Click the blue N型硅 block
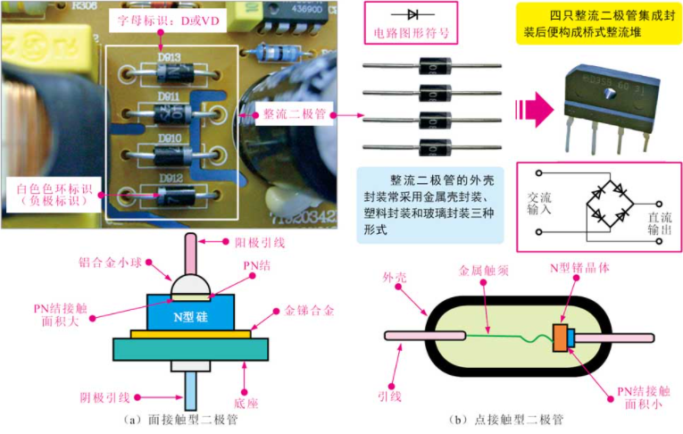pos(187,314)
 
